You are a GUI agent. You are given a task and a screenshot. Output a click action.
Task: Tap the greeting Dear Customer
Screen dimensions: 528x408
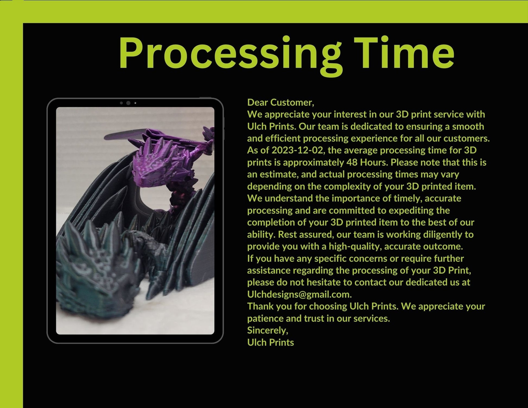[x=281, y=102]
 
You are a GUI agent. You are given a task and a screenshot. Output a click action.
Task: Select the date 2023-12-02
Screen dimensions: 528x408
[x=297, y=150]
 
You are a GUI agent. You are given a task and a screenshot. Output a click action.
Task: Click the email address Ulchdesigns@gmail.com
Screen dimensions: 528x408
[x=299, y=294]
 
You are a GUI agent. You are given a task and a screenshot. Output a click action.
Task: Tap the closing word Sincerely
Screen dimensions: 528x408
[x=268, y=330]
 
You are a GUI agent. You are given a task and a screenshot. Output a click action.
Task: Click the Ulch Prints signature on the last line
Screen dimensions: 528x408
[x=271, y=342]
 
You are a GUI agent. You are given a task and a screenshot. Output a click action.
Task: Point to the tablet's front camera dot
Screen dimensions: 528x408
[x=128, y=103]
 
